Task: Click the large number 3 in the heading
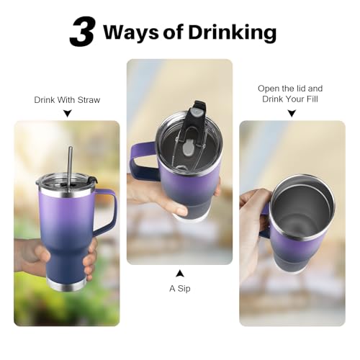[x=82, y=32]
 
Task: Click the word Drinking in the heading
[x=233, y=32]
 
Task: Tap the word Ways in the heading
[x=131, y=32]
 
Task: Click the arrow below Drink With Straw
[x=68, y=113]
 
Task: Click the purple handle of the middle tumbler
[x=143, y=161]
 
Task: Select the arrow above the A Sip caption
[x=180, y=274]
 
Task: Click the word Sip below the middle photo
[x=184, y=289]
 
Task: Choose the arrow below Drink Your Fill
[x=292, y=113]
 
